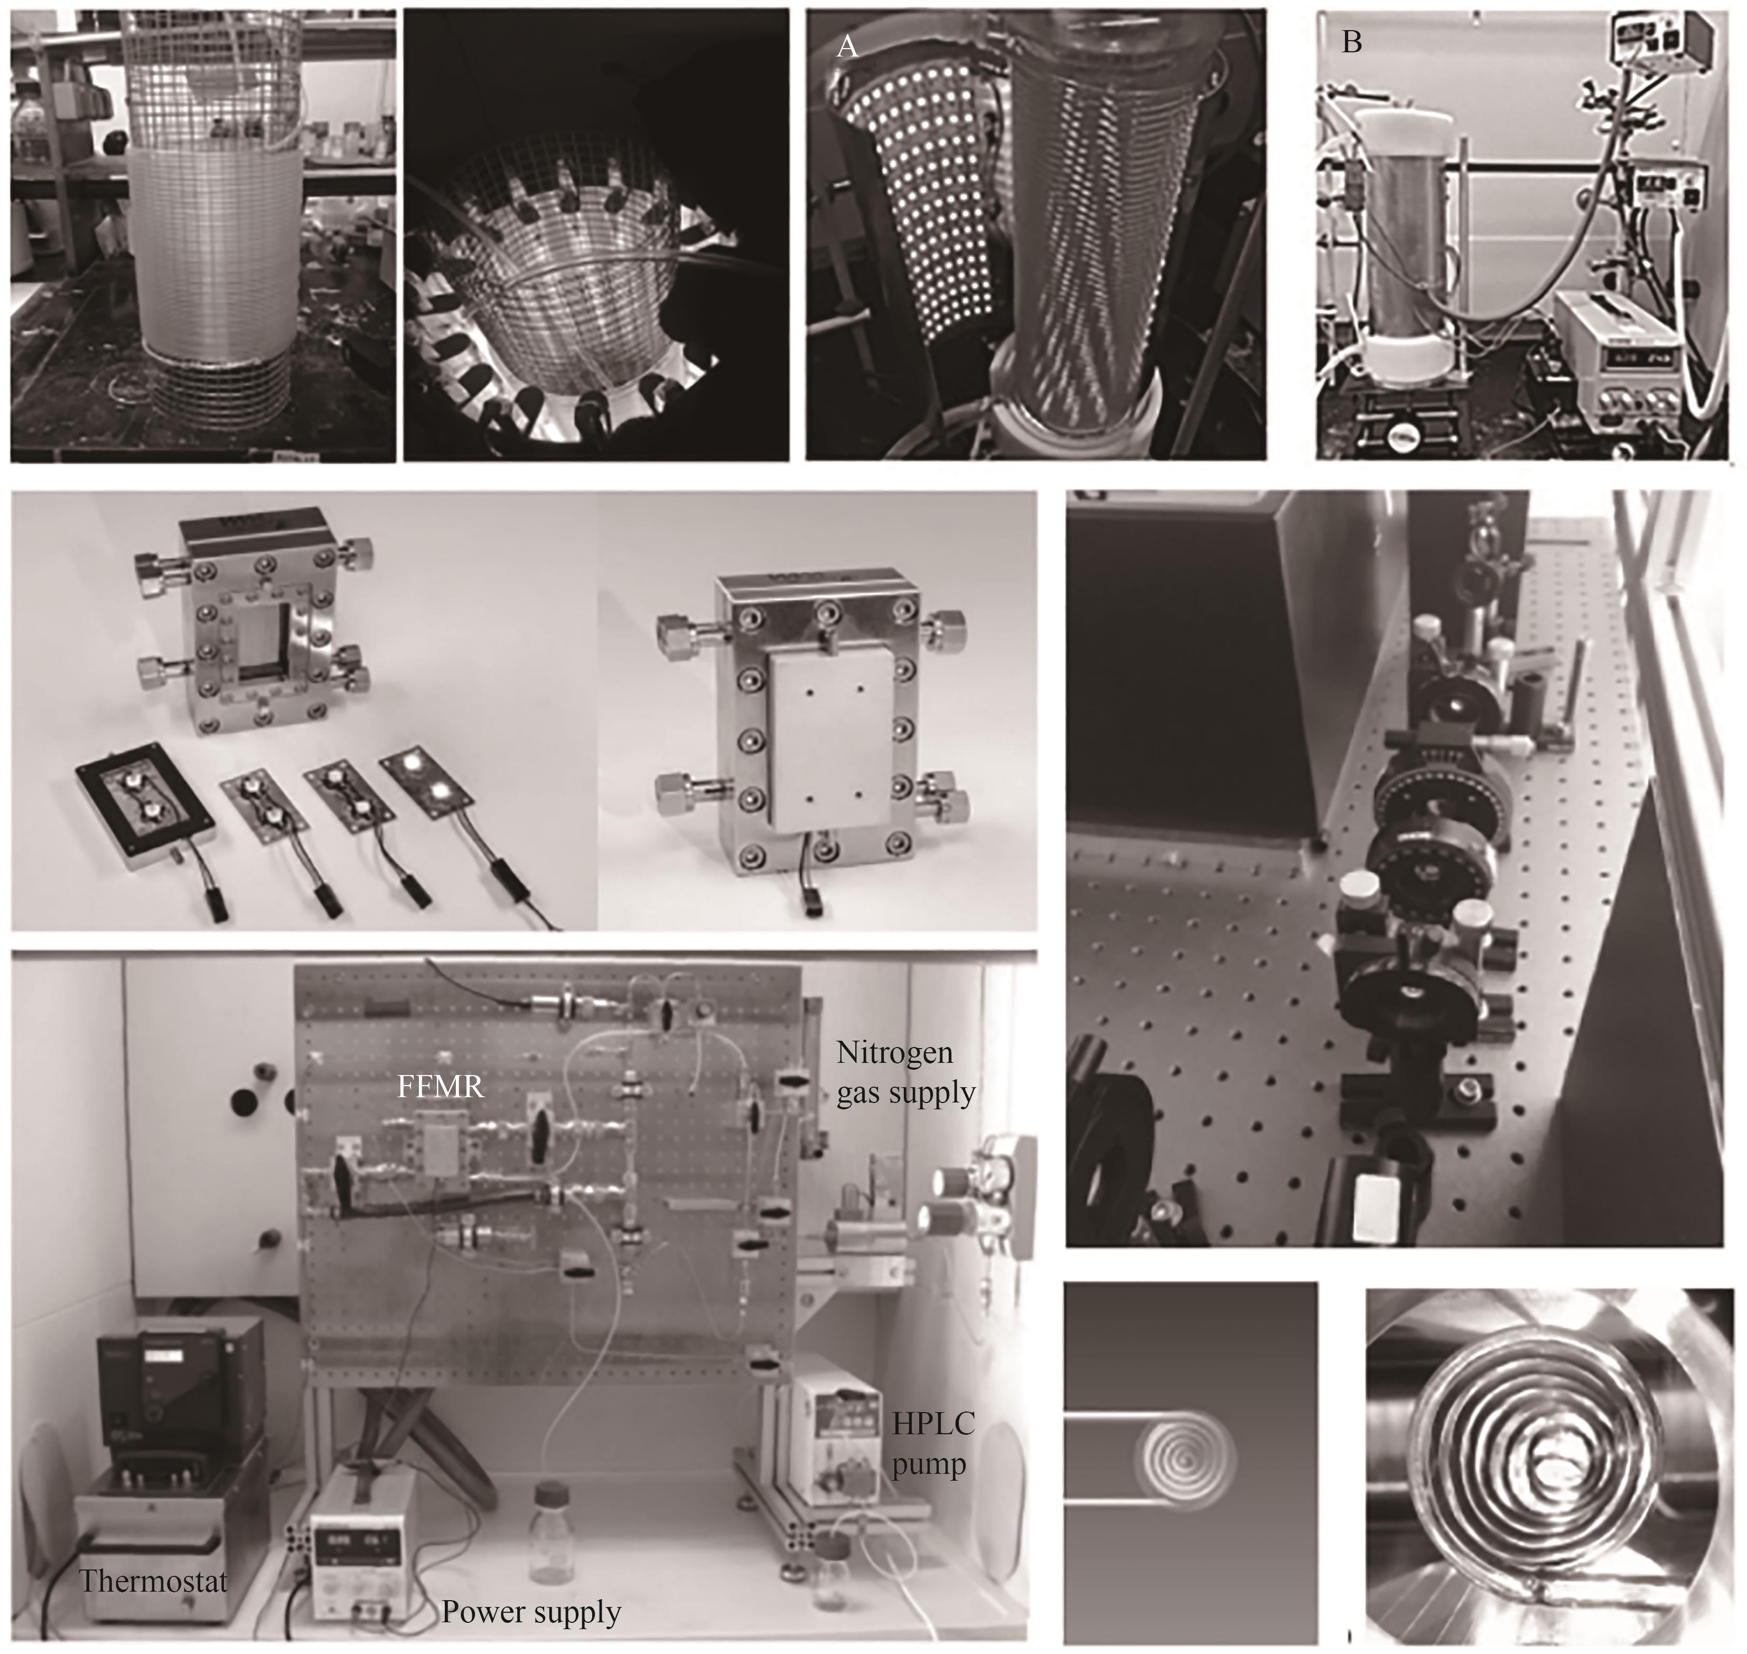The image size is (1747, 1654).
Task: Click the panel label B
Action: (1351, 41)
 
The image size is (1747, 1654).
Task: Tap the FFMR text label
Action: (440, 1086)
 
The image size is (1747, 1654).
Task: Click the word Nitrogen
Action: (894, 1053)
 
